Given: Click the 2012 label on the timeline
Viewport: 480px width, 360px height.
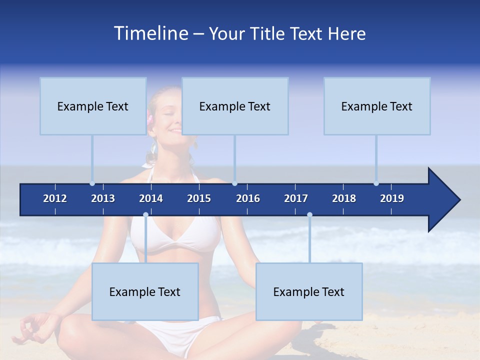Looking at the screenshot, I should (55, 198).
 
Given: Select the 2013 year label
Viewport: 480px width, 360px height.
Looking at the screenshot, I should (103, 198).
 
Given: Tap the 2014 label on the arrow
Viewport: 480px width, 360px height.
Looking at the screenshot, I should (151, 198).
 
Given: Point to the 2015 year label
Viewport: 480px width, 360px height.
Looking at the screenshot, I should (199, 198).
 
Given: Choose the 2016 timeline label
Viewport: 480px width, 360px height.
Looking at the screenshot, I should (248, 198).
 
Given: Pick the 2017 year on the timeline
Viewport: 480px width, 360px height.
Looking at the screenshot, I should (296, 198).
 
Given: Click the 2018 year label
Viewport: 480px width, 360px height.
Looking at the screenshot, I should (344, 198).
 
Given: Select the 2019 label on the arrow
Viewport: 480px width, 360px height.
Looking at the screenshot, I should (392, 198).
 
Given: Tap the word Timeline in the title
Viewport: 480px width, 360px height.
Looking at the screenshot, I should (150, 33).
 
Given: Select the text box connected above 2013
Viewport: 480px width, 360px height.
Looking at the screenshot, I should (93, 106).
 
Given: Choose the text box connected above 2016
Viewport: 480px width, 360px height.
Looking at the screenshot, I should (235, 106).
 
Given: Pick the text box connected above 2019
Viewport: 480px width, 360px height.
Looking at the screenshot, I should (377, 106).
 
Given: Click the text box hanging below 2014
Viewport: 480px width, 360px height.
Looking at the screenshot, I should (145, 291).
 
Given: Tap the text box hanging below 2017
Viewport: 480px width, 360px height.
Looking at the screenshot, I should (309, 291).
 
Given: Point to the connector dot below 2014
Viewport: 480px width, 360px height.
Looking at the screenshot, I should (145, 214).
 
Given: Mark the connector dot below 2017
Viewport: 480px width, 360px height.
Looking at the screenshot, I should (309, 214).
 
